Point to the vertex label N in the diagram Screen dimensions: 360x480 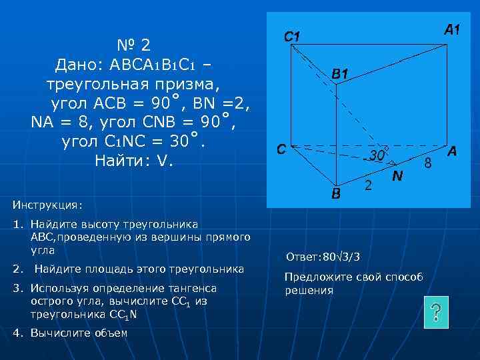(397, 176)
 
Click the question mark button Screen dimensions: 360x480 (435, 312)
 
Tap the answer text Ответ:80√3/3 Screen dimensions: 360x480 (323, 257)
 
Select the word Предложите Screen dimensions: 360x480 (313, 277)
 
